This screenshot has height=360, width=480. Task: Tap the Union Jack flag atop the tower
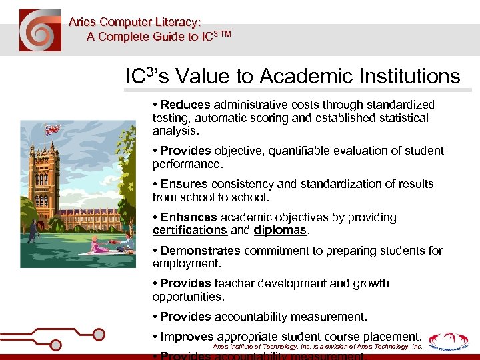(52, 129)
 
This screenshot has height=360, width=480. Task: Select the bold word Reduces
(185, 105)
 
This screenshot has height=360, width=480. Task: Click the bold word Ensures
(185, 184)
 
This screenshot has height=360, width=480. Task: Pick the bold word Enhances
(189, 217)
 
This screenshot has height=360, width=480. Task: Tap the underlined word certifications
(190, 230)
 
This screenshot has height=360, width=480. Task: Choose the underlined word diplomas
(280, 230)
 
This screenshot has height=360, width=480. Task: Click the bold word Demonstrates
(201, 251)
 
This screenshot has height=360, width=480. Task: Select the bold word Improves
(187, 337)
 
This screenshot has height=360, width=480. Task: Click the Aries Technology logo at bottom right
(449, 341)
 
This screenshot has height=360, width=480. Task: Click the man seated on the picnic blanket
(123, 246)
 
